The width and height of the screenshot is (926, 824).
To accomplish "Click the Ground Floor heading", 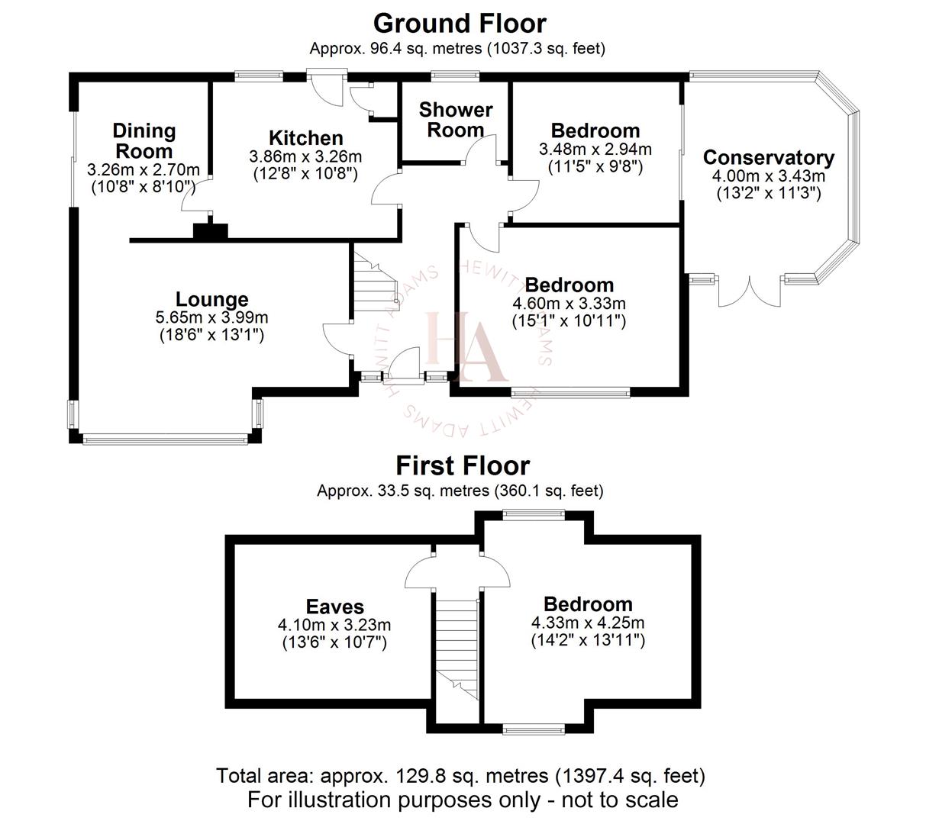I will point(460,24).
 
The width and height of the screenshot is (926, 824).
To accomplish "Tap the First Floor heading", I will point(462,465).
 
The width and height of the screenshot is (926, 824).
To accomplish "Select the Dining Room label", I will point(144,140).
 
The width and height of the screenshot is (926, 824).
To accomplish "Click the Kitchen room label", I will point(305,138).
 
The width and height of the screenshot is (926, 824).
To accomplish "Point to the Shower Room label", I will point(455,120).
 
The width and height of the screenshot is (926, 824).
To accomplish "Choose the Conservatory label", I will point(768,158).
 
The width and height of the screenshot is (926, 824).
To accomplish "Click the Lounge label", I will point(211,300).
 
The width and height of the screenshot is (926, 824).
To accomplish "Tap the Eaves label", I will point(334,607).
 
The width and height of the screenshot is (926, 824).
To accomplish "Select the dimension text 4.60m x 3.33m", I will point(569,304).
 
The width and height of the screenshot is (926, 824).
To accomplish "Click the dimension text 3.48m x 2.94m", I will point(595,149).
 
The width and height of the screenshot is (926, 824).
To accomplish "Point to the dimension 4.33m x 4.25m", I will point(588,623).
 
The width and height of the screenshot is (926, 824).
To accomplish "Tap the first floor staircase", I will point(456,649).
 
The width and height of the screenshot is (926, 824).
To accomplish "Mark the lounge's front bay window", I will point(165,439).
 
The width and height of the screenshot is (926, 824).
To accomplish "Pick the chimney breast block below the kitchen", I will point(210,231).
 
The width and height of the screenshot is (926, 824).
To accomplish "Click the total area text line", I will point(460,776).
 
